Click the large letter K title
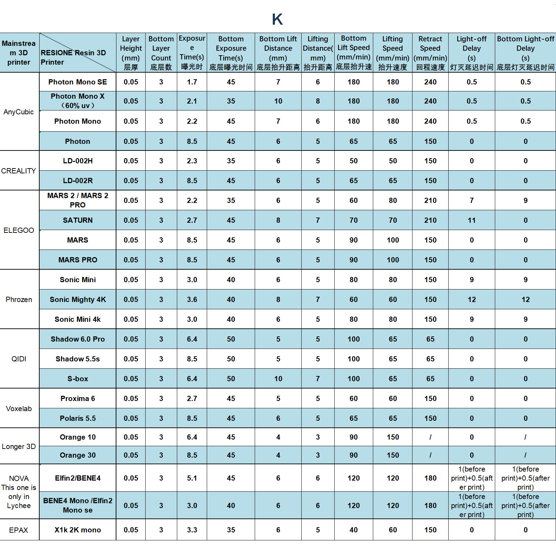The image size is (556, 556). [277, 19]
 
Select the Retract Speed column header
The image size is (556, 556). [430, 53]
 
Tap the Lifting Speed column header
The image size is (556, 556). [393, 53]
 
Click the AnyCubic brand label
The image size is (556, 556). [19, 112]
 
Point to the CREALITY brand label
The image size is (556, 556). [19, 171]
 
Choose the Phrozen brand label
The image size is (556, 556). [19, 300]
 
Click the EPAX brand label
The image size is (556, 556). [19, 530]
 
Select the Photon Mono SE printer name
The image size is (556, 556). [77, 82]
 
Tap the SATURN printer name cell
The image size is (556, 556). [77, 220]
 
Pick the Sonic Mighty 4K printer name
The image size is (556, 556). [77, 300]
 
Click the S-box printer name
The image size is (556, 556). [77, 379]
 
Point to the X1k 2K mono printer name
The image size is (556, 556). [77, 530]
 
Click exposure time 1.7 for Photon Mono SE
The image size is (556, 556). [192, 82]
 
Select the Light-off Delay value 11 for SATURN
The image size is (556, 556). [472, 220]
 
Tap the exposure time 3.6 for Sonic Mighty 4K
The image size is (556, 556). [192, 300]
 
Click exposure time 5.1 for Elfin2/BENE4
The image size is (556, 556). [192, 478]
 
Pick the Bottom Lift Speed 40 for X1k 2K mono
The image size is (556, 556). [353, 530]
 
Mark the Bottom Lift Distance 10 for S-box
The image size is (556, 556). [278, 379]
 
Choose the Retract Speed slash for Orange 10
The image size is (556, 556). [430, 437]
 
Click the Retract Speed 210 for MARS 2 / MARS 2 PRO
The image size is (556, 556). [430, 201]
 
